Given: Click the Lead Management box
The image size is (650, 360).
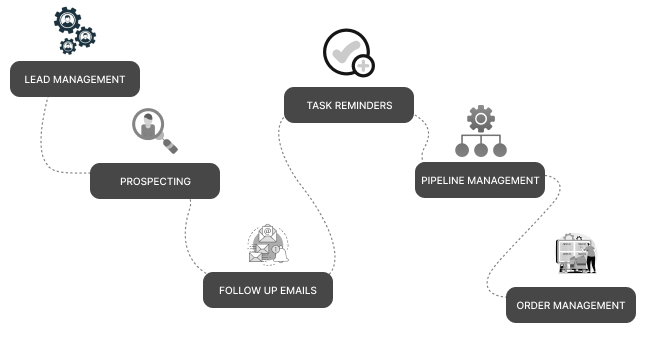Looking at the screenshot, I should coord(75,79).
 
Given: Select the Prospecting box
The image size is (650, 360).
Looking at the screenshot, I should coord(155,181).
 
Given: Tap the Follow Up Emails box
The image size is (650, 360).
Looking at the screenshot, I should coord(267,291).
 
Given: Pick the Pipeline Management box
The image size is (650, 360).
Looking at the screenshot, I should coord(480,181).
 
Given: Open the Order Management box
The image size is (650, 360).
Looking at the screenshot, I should coord(571,305).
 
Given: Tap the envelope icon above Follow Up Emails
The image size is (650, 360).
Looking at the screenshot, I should coord(267,245).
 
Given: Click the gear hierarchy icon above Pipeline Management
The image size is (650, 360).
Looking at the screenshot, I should coord(481,132).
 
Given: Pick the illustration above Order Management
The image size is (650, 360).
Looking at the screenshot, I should coord(576,255).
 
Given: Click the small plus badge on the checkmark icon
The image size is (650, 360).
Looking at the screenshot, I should coord(364,67).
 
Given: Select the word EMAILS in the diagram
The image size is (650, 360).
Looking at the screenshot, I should coord(298,291).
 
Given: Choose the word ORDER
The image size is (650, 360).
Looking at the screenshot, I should coord(534,305).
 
